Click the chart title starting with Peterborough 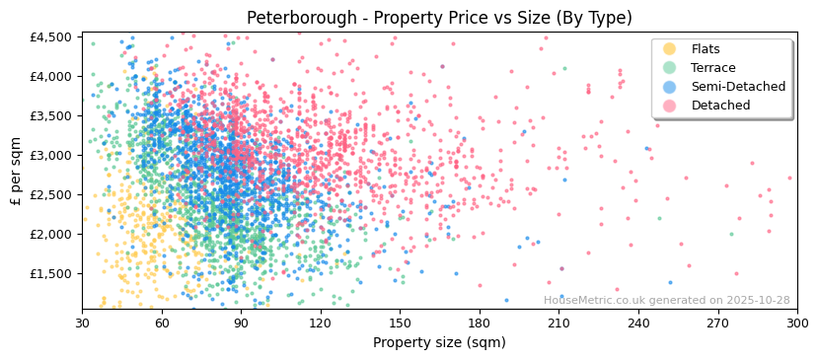tap(439, 18)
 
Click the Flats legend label tap(705, 49)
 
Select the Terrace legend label tap(712, 68)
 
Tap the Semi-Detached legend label tap(738, 87)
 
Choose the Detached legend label tap(720, 106)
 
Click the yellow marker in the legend tap(670, 49)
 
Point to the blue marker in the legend tap(670, 87)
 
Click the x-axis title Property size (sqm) tap(439, 342)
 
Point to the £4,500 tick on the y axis tap(50, 37)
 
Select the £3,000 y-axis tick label tap(50, 156)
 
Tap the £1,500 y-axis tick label tap(50, 274)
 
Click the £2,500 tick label tap(50, 195)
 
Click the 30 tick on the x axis tap(82, 323)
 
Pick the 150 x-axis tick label tap(400, 323)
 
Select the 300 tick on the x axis tap(796, 323)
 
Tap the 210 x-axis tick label tap(558, 323)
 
